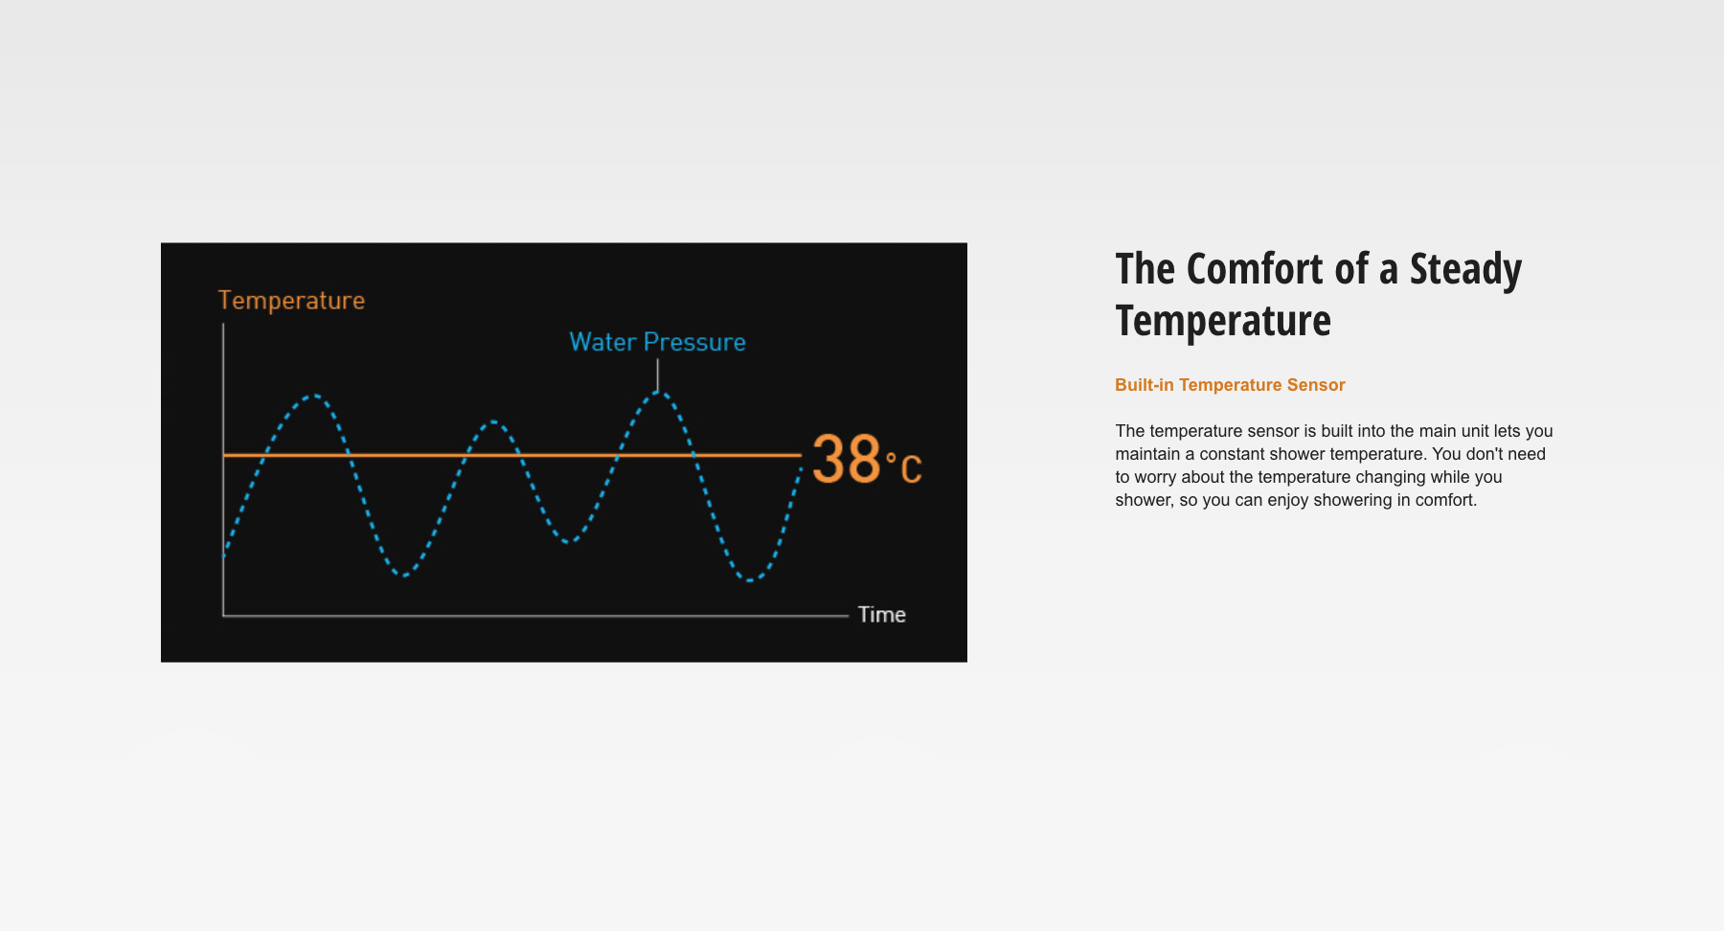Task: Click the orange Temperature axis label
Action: pos(291,301)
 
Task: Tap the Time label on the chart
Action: pos(881,615)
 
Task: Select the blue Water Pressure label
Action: pos(657,342)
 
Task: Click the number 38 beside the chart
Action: pos(847,459)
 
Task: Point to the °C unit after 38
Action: pos(904,467)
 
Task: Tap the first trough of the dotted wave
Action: pos(405,575)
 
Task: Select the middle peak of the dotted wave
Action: pos(492,421)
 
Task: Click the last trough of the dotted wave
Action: pos(750,579)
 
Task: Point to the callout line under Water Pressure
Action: pos(657,375)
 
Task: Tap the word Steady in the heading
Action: pos(1465,271)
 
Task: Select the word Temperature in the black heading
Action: pos(1223,321)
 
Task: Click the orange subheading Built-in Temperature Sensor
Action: pos(1230,385)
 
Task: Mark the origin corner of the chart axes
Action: pos(223,616)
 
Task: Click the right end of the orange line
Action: pos(802,455)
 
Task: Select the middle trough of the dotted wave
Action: pos(568,542)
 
